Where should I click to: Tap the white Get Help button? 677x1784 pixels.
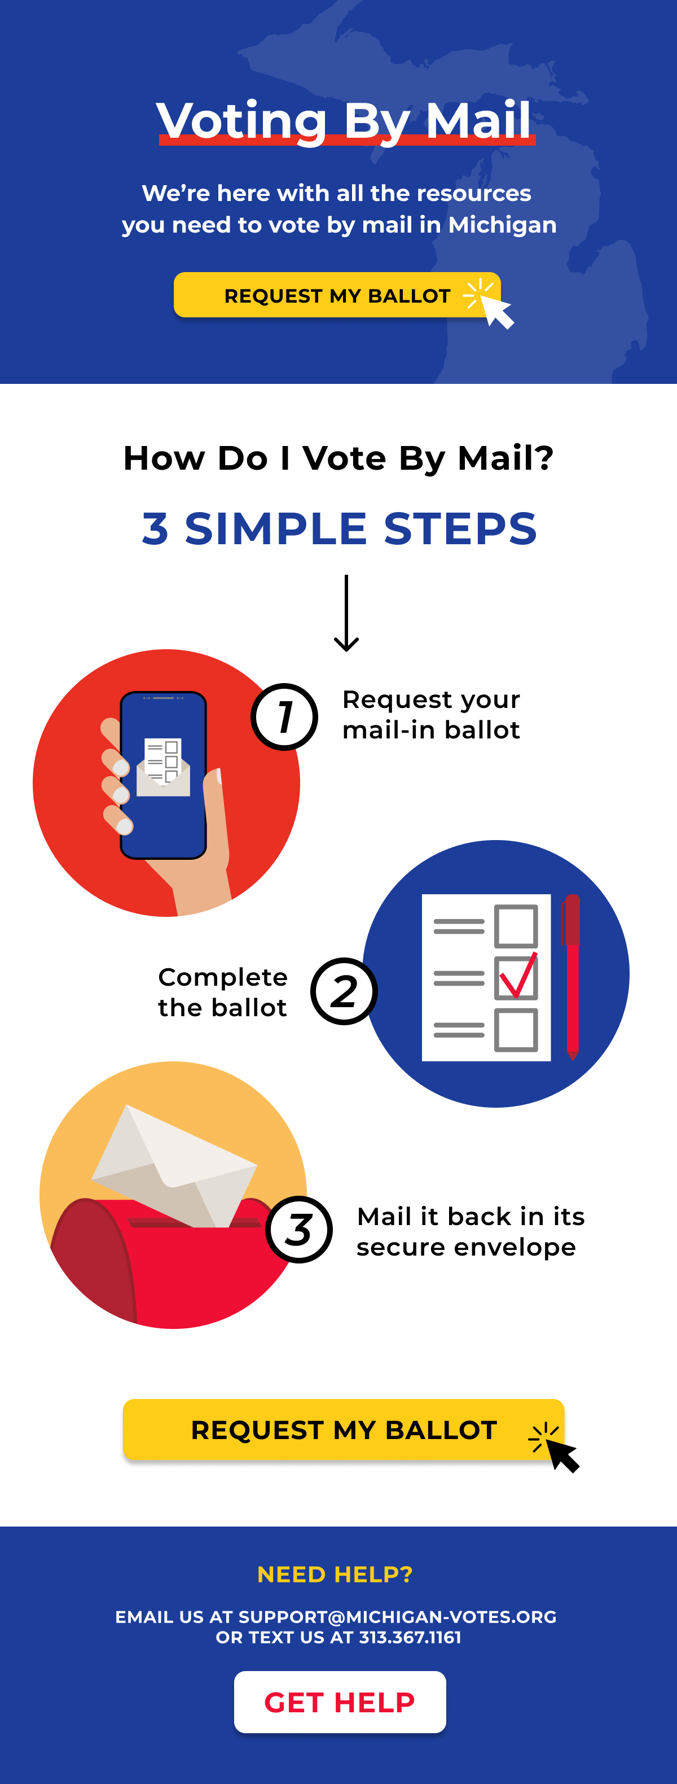coord(339,1702)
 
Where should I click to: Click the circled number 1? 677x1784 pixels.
coord(284,717)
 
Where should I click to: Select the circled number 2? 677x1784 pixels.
coord(344,991)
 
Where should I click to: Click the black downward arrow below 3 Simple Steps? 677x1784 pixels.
coord(346,613)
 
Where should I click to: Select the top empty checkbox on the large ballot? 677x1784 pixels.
coord(516,926)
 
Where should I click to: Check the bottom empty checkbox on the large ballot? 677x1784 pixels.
coord(516,1030)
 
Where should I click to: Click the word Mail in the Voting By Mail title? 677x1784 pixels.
coord(478,120)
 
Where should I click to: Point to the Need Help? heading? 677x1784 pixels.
coord(335,1574)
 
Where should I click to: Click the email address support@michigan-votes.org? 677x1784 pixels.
coord(397,1616)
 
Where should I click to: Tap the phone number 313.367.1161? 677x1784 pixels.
coord(410,1637)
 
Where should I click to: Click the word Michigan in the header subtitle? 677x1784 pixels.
coord(502,225)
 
